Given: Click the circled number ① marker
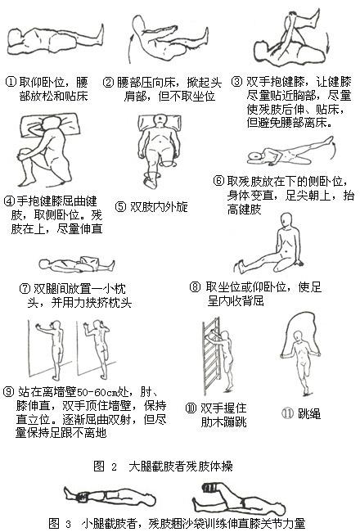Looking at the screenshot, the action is [11, 82].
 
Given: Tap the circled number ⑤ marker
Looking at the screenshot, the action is [120, 206].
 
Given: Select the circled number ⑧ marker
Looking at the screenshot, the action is [195, 287].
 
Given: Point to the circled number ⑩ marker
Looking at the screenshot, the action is [191, 408].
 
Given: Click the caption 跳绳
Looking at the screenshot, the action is [308, 413].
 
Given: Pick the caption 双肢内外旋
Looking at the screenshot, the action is [159, 206].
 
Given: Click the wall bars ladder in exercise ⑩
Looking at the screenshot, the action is [212, 356].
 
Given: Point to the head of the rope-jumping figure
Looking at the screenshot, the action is [299, 336].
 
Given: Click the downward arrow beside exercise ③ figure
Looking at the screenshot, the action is [327, 43].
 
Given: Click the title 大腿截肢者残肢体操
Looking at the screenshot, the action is [181, 467].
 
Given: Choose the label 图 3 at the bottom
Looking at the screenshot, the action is [60, 523].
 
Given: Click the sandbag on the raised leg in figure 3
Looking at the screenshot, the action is [210, 488].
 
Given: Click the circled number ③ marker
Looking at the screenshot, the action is [236, 82].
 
